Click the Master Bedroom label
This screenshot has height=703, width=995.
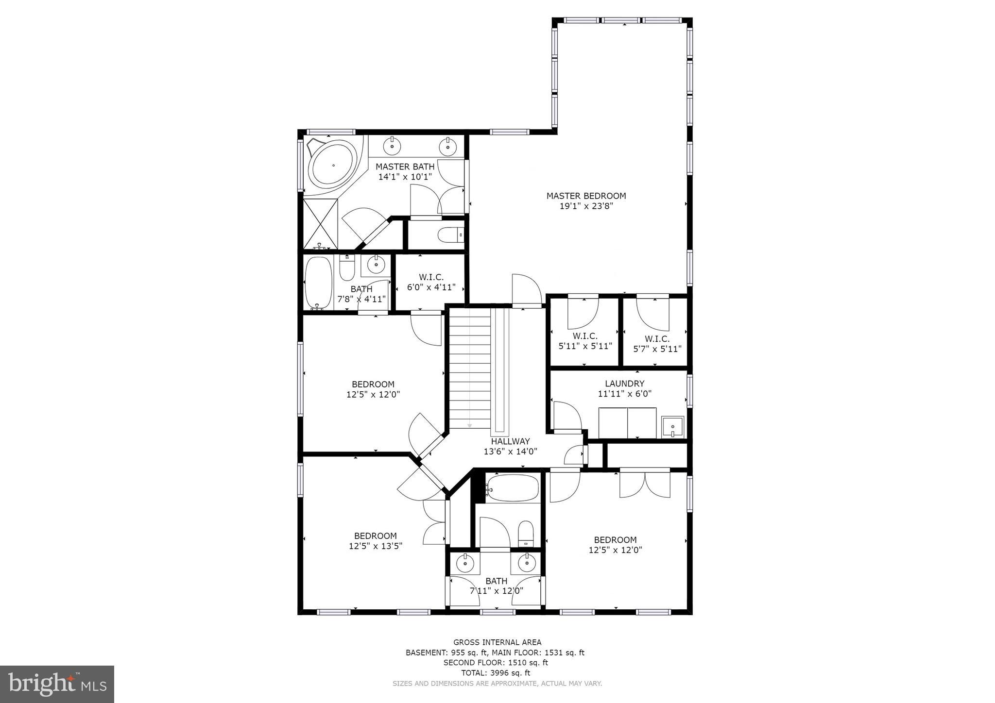pos(586,196)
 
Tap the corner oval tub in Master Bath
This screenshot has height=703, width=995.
pos(333,165)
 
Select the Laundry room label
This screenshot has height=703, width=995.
pos(624,384)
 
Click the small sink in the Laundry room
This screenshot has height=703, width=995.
pos(672,427)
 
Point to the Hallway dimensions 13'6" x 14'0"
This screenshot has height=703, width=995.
pos(510,452)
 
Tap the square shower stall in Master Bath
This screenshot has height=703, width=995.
pos(320,223)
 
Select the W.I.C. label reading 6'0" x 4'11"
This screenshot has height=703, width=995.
pos(431,282)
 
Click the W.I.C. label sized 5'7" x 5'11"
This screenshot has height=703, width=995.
pos(657,344)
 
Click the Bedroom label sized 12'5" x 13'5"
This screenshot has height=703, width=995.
pos(375,541)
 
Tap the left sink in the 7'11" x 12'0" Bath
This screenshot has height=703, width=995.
pos(465,563)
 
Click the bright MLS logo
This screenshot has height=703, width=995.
pos(57,684)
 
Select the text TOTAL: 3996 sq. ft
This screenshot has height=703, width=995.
pos(495,673)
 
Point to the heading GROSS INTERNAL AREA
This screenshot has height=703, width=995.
pos(497,642)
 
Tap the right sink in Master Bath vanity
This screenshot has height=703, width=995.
pos(446,145)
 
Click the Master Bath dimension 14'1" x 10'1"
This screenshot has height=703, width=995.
pos(405,177)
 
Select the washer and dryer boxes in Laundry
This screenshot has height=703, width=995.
pos(627,423)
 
